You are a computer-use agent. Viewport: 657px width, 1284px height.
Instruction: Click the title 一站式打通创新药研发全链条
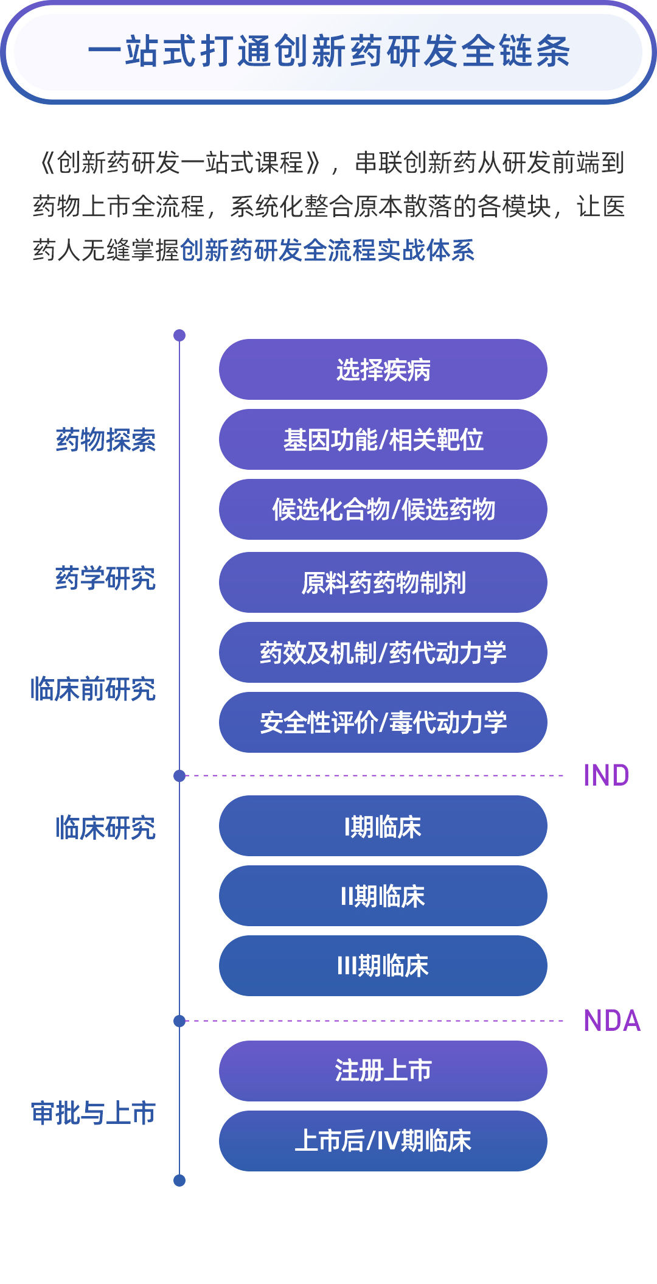[328, 51]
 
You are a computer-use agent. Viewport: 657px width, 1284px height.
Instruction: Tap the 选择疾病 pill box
[383, 369]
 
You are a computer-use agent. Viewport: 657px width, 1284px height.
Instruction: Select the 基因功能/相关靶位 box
[383, 439]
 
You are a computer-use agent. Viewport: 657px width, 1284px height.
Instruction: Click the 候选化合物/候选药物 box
[383, 509]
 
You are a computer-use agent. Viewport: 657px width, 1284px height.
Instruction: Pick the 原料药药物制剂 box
[383, 582]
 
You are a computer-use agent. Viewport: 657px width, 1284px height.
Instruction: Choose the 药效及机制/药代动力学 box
[383, 652]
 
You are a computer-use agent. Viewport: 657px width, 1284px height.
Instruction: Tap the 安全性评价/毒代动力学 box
[383, 722]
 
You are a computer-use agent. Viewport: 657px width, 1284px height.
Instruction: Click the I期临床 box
[383, 826]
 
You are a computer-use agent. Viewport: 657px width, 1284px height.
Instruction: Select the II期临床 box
[383, 896]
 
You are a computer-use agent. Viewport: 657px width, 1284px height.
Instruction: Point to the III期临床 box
[383, 966]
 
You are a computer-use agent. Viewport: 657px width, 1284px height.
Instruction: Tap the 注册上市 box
[383, 1071]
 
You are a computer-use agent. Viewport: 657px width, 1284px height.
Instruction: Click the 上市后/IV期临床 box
[383, 1141]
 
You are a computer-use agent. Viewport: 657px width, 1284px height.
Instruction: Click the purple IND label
[606, 776]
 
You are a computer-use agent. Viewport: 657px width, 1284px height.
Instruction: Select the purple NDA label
[611, 1021]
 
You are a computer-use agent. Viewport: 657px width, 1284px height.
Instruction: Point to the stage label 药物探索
[106, 440]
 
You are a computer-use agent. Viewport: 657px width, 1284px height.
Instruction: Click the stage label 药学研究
[106, 578]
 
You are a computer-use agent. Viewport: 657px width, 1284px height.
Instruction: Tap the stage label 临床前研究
[93, 689]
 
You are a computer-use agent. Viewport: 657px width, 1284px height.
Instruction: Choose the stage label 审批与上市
[93, 1114]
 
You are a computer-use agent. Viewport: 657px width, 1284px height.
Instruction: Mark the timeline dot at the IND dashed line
[179, 776]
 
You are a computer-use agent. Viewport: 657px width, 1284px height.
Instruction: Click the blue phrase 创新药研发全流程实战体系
[327, 251]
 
